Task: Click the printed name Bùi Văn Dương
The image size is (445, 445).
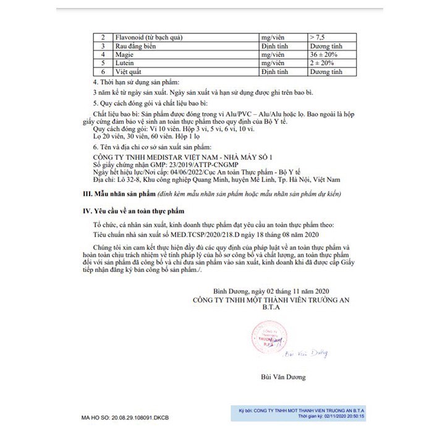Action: click(282, 376)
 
